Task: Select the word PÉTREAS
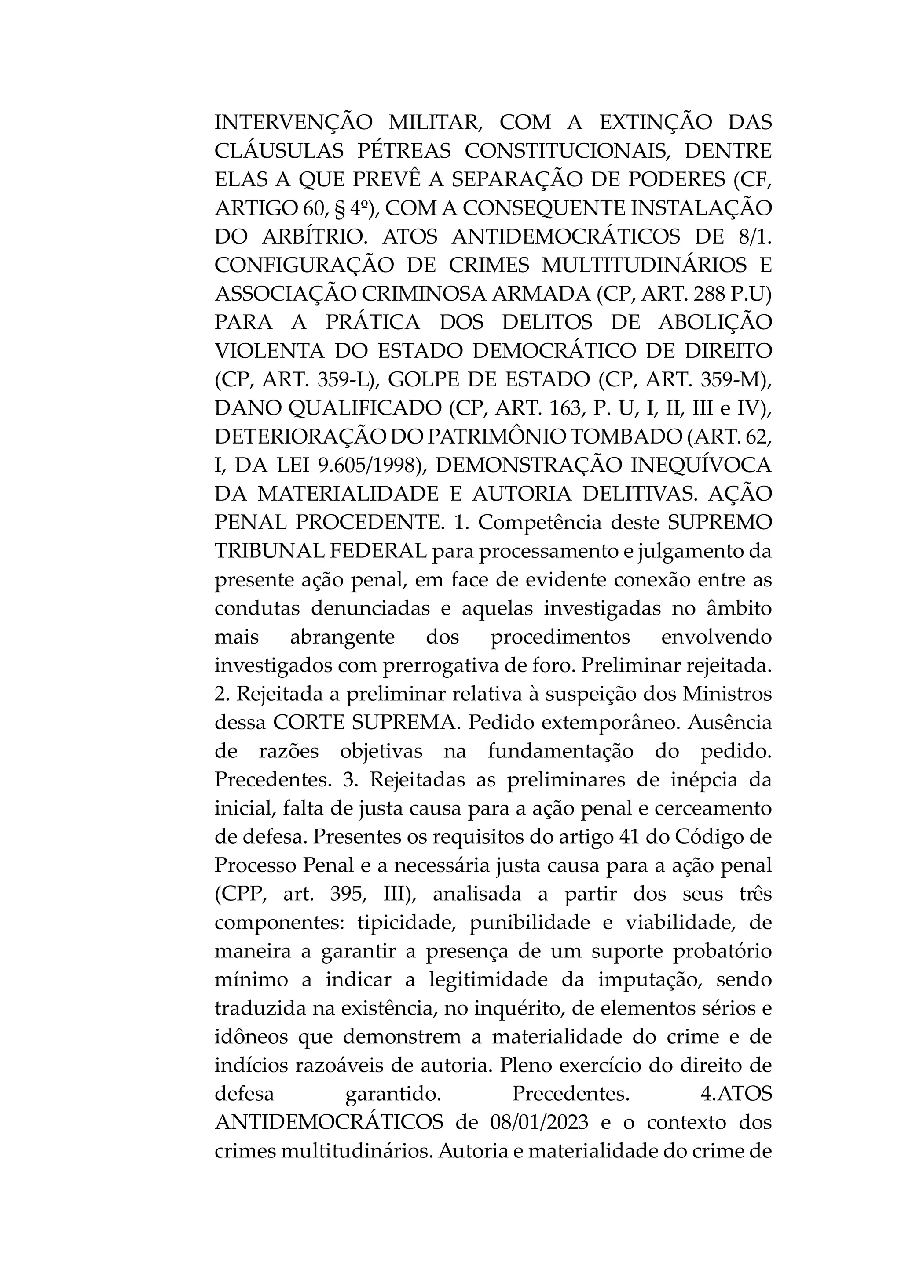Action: tap(404, 151)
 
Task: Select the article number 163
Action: tap(565, 409)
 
